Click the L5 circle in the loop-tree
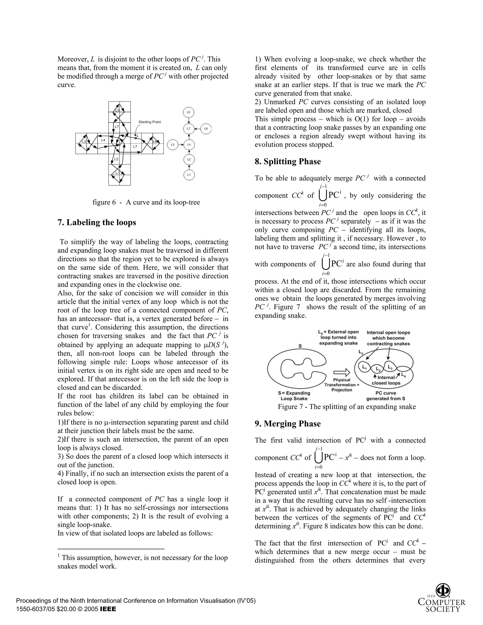tap(189, 112)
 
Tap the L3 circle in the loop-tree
tap(173, 145)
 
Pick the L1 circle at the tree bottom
tap(189, 175)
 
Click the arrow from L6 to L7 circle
tap(197, 129)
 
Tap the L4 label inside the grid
tap(103, 140)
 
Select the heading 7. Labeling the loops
tap(97, 222)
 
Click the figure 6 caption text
tap(146, 202)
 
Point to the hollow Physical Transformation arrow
tap(342, 372)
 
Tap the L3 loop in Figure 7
tap(390, 367)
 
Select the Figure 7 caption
tap(346, 407)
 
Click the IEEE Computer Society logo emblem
tap(443, 590)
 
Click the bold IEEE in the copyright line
tap(108, 609)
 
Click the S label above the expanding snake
tap(300, 346)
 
